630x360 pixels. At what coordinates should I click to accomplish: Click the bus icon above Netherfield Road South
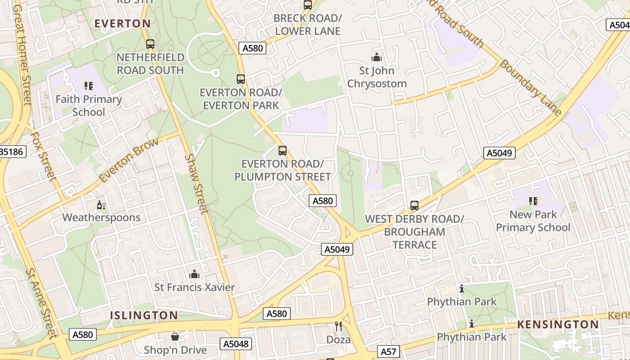(150, 44)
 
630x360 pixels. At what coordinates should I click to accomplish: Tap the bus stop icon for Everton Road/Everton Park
(241, 79)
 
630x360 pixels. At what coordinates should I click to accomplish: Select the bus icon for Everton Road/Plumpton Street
(283, 150)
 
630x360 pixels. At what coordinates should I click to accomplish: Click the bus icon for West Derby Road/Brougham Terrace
(414, 206)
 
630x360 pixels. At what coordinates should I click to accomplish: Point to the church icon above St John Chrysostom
(376, 57)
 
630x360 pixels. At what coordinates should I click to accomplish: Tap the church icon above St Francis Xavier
(194, 274)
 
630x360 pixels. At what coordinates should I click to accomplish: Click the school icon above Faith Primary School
(89, 85)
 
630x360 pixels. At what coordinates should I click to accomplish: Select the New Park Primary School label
(533, 221)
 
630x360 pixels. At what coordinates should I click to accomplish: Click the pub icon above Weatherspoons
(101, 205)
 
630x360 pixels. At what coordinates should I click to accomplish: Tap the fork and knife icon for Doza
(338, 326)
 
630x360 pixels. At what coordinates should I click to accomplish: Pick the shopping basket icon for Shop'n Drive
(175, 337)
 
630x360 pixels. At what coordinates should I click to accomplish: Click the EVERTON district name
(122, 24)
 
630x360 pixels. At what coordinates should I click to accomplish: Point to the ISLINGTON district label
(144, 315)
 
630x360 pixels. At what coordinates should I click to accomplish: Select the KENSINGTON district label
(558, 324)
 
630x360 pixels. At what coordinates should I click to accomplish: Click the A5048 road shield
(236, 344)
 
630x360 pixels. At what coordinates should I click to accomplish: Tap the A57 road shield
(388, 351)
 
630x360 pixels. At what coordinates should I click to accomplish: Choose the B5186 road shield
(12, 152)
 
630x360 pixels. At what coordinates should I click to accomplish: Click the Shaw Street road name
(197, 183)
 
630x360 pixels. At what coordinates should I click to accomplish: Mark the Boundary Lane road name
(531, 88)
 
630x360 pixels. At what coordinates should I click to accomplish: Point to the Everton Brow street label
(129, 160)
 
